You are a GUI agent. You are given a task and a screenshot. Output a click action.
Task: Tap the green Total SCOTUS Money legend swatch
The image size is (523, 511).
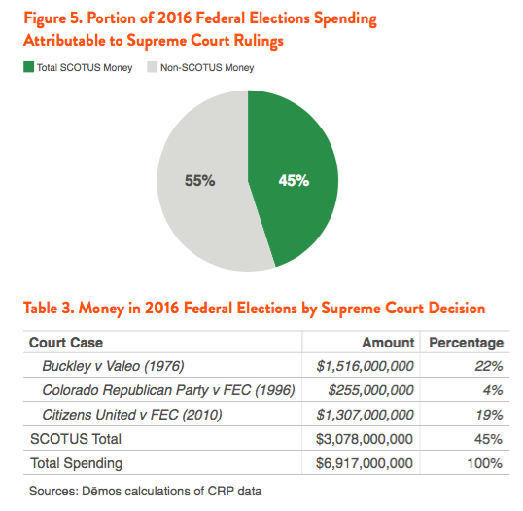29,67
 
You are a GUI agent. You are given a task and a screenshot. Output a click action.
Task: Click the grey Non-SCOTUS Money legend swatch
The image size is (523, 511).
152,67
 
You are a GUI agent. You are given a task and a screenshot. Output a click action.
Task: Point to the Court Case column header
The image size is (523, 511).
66,343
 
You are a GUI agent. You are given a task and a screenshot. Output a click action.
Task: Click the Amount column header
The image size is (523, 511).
388,343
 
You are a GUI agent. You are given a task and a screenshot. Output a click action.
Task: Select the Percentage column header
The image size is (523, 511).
467,343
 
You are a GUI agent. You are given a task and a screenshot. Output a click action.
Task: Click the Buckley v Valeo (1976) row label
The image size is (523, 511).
113,366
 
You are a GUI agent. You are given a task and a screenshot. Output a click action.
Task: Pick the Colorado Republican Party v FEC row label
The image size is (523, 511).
168,390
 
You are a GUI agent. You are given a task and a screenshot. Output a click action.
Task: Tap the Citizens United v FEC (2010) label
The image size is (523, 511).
132,415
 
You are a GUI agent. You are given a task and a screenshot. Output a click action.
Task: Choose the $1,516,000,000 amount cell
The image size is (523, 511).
366,366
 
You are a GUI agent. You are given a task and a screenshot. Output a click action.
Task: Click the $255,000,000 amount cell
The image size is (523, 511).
371,390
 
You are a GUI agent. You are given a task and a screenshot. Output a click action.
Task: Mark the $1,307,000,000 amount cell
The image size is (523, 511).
366,416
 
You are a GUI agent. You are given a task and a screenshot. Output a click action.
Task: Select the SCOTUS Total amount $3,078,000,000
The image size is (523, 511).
365,439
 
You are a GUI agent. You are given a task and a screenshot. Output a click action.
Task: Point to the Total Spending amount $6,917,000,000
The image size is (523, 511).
365,463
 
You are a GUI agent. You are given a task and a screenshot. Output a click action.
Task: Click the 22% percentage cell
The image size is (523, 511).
489,366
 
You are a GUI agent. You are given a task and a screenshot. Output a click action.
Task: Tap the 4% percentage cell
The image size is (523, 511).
493,390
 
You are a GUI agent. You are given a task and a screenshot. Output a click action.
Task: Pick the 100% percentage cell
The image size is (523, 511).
485,463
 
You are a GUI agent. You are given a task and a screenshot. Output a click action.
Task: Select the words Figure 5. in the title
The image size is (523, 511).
53,18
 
